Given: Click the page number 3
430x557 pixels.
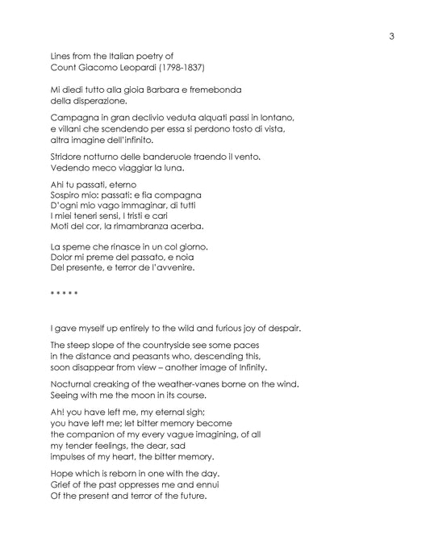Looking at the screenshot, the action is [x=390, y=36].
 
